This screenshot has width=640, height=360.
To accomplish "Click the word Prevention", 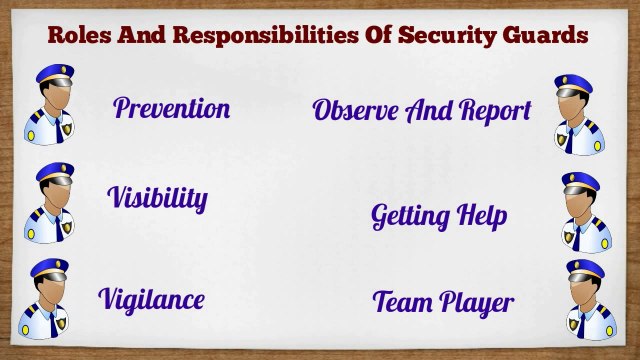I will coord(171,108).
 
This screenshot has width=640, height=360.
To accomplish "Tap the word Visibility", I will coord(157,197).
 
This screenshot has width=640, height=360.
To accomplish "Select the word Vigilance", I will coord(152,298).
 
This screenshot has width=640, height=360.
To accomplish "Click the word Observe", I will coord(356,110).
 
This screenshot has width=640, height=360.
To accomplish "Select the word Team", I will coord(402,301).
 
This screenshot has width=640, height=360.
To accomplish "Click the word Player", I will coord(476,302).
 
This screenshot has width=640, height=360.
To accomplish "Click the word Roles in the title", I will coord(76,37).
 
